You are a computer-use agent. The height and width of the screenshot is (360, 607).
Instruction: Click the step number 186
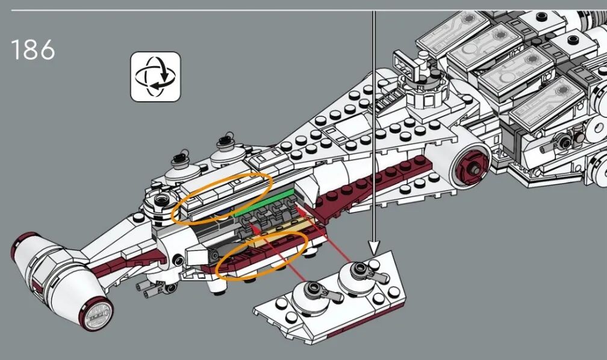tap(33, 49)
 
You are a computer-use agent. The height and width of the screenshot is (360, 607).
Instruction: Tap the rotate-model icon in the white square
tap(155, 76)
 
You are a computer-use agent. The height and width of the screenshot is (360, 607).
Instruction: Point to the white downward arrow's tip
tap(373, 254)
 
